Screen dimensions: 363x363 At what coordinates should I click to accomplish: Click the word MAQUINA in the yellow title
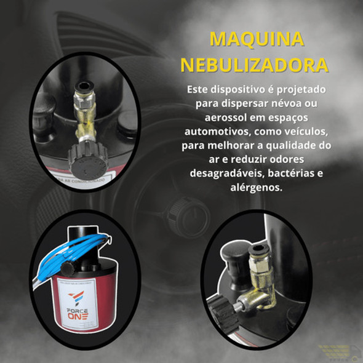click(257, 39)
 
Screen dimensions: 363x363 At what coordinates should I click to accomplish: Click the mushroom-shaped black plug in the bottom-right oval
click(231, 252)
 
